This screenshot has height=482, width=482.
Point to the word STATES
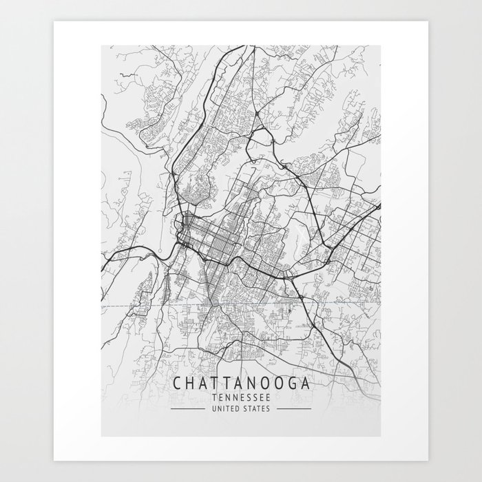[x=256, y=409]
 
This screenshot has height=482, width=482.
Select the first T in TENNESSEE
[x=215, y=397]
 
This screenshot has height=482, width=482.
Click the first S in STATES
[x=245, y=409]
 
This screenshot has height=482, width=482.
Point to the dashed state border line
[x=138, y=304]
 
